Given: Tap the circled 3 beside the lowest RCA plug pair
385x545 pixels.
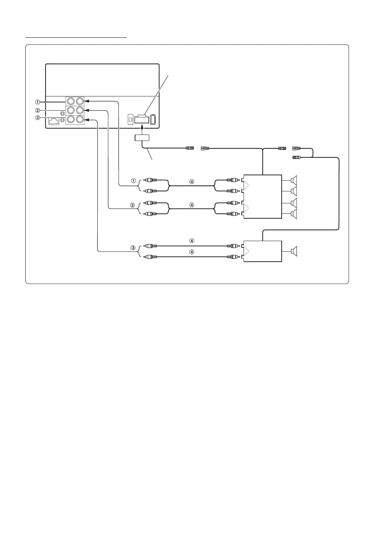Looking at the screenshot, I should pyautogui.click(x=132, y=247).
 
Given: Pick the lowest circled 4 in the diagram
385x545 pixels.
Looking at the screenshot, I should pyautogui.click(x=192, y=252).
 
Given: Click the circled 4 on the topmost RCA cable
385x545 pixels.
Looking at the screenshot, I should pyautogui.click(x=192, y=182).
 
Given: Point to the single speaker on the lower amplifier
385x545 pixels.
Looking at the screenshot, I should pyautogui.click(x=294, y=252).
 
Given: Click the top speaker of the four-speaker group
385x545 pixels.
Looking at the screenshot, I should pyautogui.click(x=294, y=180).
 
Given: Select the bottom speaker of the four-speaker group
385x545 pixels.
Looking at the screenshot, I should pyautogui.click(x=294, y=214).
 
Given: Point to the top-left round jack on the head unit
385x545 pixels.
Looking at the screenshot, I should pyautogui.click(x=71, y=101).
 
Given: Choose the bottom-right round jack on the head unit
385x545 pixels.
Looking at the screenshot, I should pyautogui.click(x=79, y=120).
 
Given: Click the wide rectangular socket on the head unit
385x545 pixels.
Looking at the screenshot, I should pyautogui.click(x=143, y=119).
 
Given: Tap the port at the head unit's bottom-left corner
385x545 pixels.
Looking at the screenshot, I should pyautogui.click(x=53, y=121).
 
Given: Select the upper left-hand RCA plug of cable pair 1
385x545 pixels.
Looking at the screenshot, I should pyautogui.click(x=151, y=180).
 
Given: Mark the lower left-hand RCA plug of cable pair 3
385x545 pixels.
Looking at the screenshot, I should pyautogui.click(x=151, y=257).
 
